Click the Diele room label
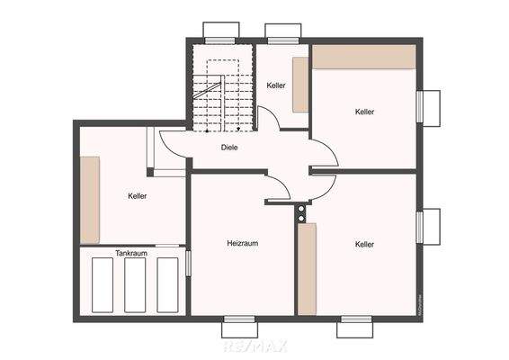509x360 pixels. [x=229, y=147]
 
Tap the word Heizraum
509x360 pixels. [x=243, y=243]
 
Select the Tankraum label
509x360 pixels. [x=131, y=254]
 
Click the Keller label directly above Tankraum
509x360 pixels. [x=137, y=195]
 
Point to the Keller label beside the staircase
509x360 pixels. [x=276, y=85]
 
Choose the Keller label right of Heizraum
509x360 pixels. [x=364, y=244]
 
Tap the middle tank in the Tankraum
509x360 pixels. [x=135, y=285]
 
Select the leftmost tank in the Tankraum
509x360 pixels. [x=103, y=285]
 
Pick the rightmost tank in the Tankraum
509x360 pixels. [x=168, y=285]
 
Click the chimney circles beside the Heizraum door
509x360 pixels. [x=300, y=213]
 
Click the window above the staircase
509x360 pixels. [x=221, y=31]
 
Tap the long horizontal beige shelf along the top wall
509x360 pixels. [x=363, y=56]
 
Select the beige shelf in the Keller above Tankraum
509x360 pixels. [x=89, y=200]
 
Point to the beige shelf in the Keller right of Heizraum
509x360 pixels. [x=308, y=270]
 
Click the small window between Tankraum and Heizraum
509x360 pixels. [x=188, y=263]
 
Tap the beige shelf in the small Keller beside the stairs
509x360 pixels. [x=300, y=85]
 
